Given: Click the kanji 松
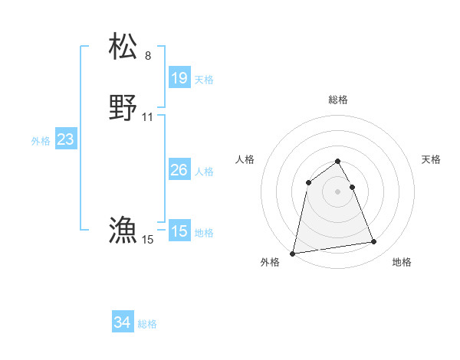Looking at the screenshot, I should pyautogui.click(x=123, y=47).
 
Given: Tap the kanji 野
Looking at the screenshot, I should pyautogui.click(x=123, y=108).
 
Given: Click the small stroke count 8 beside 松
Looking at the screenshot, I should pyautogui.click(x=148, y=56).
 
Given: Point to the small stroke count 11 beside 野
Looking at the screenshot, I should pyautogui.click(x=148, y=117).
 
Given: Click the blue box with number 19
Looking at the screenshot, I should pyautogui.click(x=179, y=78).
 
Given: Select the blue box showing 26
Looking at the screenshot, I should pyautogui.click(x=179, y=170).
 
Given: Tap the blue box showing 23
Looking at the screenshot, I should pyautogui.click(x=66, y=139).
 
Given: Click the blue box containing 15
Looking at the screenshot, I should pyautogui.click(x=179, y=231).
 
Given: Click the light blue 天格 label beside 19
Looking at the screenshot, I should pyautogui.click(x=204, y=80).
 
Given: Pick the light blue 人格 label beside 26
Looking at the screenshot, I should pyautogui.click(x=204, y=172).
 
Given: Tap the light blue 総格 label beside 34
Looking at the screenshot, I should pyautogui.click(x=147, y=325).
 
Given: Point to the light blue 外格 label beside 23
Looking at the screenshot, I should pyautogui.click(x=41, y=141).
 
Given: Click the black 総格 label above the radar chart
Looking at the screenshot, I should pyautogui.click(x=338, y=100).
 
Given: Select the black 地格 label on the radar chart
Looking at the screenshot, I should pyautogui.click(x=402, y=263).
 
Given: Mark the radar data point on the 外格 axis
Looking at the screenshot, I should pyautogui.click(x=293, y=253).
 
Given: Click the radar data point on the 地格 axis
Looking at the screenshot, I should pyautogui.click(x=374, y=242).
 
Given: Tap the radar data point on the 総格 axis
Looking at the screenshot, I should pyautogui.click(x=338, y=161).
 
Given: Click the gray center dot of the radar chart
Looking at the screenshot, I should pyautogui.click(x=338, y=191).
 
